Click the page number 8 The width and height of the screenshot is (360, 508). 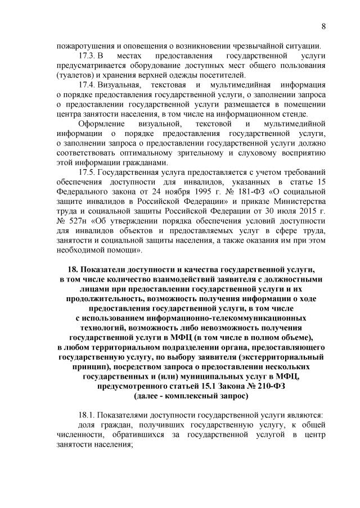pos(324,26)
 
